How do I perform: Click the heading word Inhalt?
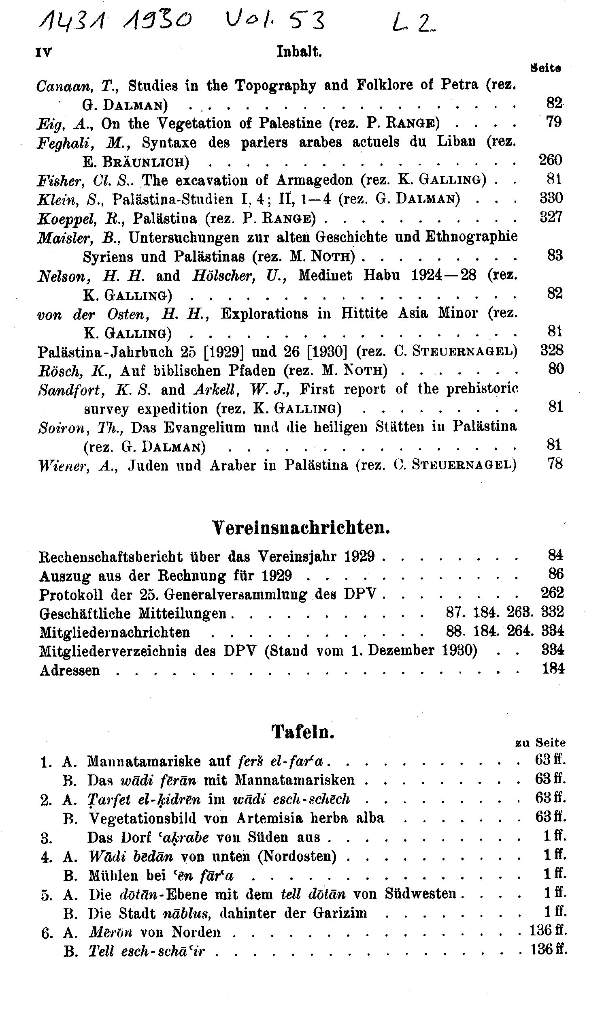click(x=299, y=52)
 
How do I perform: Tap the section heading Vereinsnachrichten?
click(x=301, y=528)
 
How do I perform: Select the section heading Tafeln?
click(x=303, y=732)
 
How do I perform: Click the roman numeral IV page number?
click(x=44, y=53)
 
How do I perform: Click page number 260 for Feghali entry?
click(x=551, y=160)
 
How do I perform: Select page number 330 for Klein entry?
click(x=551, y=198)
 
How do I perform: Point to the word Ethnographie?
click(x=471, y=237)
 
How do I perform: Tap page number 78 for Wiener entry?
click(x=555, y=464)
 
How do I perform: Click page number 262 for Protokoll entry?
click(x=552, y=593)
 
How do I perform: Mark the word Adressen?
click(x=69, y=670)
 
